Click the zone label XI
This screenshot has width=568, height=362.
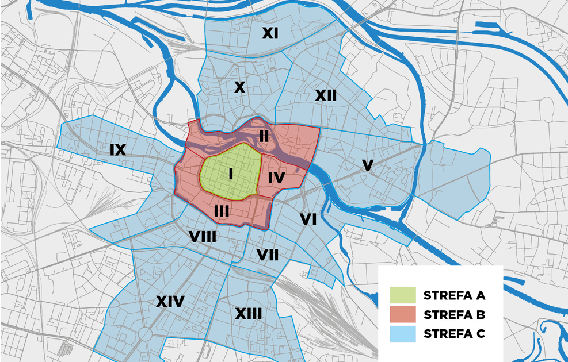pyautogui.click(x=270, y=34)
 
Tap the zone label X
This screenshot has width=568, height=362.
pyautogui.click(x=239, y=88)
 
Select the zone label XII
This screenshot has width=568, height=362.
pyautogui.click(x=326, y=96)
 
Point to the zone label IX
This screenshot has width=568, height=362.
pyautogui.click(x=117, y=151)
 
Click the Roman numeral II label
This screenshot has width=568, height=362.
pyautogui.click(x=264, y=136)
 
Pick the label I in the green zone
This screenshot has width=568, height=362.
pyautogui.click(x=230, y=173)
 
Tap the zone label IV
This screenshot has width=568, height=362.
pyautogui.click(x=277, y=178)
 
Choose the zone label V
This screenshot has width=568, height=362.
pyautogui.click(x=368, y=165)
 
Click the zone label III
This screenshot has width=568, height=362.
pyautogui.click(x=222, y=211)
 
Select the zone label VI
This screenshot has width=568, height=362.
pyautogui.click(x=308, y=218)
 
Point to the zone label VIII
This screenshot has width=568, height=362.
pyautogui.click(x=203, y=236)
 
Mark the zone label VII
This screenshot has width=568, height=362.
pyautogui.click(x=268, y=255)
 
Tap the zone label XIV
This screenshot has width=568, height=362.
pyautogui.click(x=170, y=301)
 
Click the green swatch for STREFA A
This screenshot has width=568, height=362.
pyautogui.click(x=402, y=295)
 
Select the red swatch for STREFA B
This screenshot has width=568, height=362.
pyautogui.click(x=402, y=314)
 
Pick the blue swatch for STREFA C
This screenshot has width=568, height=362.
pyautogui.click(x=402, y=333)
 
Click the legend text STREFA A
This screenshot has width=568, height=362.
pyautogui.click(x=455, y=296)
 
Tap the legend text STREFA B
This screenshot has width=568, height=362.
pyautogui.click(x=455, y=315)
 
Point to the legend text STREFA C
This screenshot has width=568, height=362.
pyautogui.click(x=455, y=334)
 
